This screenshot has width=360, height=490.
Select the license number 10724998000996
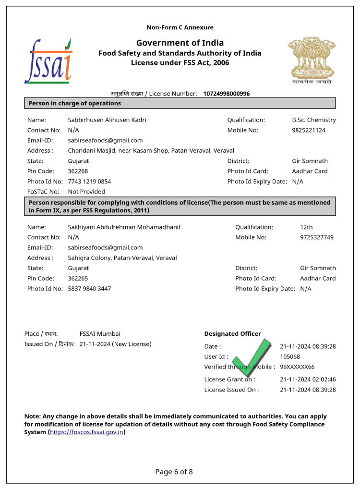click(226, 94)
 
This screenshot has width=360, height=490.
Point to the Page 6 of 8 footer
click(174, 472)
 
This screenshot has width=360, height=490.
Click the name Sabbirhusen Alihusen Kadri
click(107, 120)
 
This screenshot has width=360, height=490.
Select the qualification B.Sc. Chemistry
click(314, 120)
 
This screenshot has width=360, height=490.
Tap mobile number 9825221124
click(309, 130)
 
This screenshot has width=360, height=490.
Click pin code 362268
click(78, 171)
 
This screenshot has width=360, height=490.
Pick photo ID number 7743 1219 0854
click(89, 182)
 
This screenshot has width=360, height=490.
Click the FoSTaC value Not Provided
click(86, 192)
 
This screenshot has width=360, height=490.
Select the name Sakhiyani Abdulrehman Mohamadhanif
click(124, 227)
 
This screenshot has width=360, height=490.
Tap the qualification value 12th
click(306, 227)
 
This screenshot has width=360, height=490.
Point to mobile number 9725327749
click(317, 237)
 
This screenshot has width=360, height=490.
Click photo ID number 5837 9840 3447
click(89, 289)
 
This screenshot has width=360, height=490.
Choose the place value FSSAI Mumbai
click(100, 334)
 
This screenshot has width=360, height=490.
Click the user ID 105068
click(290, 357)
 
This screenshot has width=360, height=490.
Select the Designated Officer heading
click(232, 334)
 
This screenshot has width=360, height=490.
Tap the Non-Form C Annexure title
click(180, 27)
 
